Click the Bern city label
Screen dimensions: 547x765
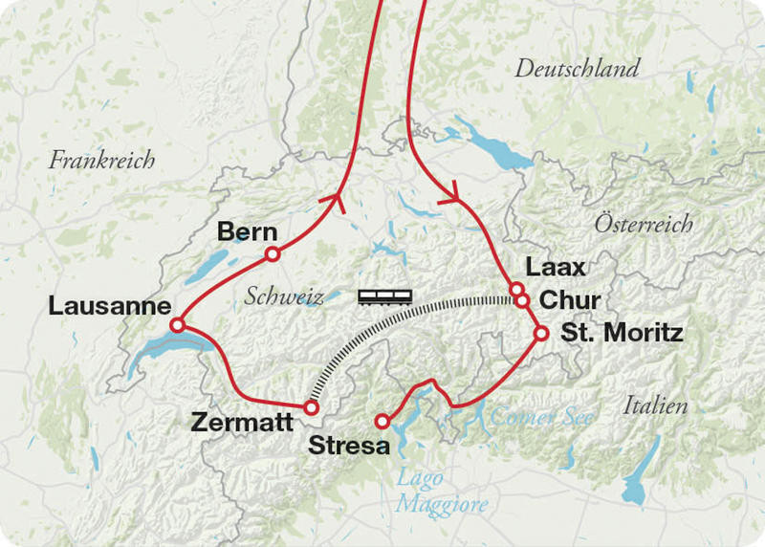coord(248,232)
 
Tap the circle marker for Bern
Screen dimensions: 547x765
coord(272,254)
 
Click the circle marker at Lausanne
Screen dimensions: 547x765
coord(177,326)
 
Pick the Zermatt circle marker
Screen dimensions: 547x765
coord(310,407)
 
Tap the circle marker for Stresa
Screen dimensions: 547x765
coord(382,421)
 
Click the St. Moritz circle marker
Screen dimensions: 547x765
coord(540,334)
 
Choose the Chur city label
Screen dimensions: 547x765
coord(570,301)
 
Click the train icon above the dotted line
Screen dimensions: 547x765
coord(385,296)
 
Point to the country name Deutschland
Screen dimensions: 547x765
coord(577,69)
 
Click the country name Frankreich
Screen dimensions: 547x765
coord(102,160)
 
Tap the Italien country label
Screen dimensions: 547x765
coord(655,406)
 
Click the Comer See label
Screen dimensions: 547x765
coord(541,417)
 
